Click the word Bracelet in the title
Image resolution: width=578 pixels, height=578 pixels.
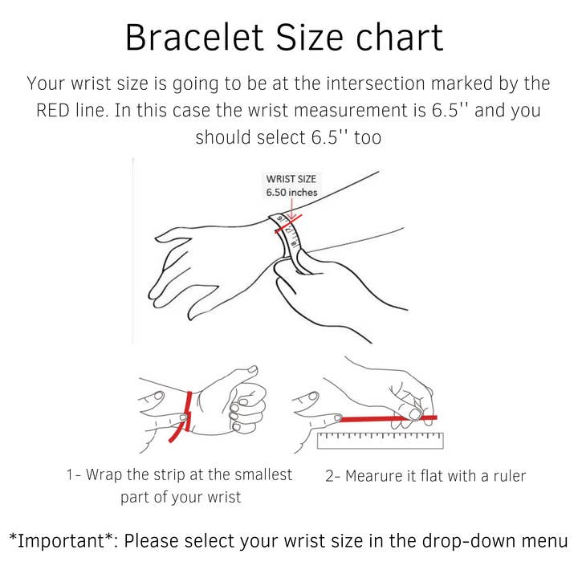194,38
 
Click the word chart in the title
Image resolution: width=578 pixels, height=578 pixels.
399,38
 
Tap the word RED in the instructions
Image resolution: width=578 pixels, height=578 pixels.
53,110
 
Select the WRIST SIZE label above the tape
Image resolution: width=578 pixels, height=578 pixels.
291,179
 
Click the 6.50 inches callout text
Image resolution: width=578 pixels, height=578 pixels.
291,193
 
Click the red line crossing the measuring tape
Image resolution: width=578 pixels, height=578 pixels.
288,224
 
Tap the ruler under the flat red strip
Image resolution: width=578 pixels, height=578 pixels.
380,440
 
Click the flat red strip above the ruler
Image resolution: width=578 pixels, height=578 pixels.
388,418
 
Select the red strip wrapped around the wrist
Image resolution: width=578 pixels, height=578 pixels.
182,417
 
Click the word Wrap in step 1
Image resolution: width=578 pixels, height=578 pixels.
104,474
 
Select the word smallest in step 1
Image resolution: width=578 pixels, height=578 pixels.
263,474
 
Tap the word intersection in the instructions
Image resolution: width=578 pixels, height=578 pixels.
376,83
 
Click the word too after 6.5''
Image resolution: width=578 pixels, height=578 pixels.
368,137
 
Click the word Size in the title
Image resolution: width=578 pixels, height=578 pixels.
309,38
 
